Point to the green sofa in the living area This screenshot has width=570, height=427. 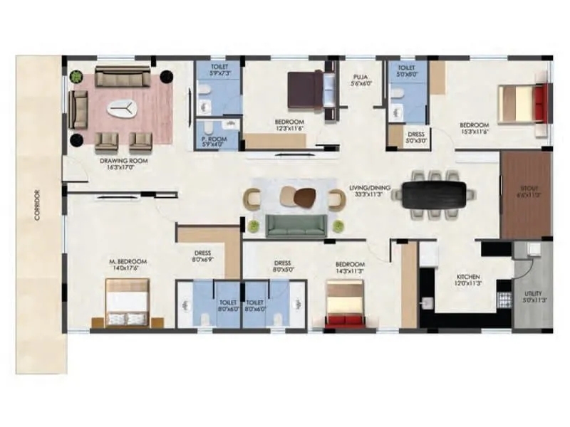point(296,226)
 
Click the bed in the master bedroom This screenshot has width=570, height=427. point(128,303)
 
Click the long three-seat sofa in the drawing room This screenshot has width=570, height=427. point(123,76)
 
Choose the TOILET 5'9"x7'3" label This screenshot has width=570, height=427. point(218,68)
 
